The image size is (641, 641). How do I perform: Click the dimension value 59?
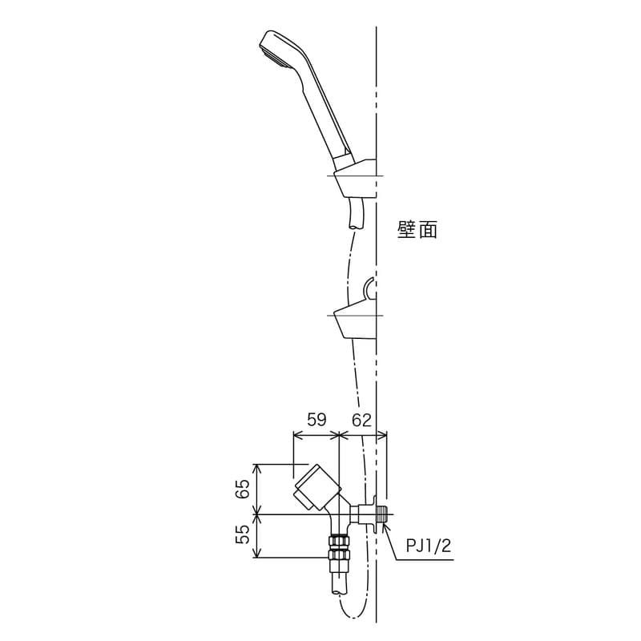pos(317,419)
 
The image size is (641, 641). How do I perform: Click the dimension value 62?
pos(362,419)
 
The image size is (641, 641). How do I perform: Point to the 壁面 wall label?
pos(417,230)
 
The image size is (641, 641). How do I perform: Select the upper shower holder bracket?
pos(354,178)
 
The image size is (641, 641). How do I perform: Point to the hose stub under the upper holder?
pos(356,215)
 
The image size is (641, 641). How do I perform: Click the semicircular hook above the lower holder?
pos(369,288)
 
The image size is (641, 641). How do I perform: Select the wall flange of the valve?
pos(373,514)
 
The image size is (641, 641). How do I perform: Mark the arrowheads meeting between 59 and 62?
pos(340,435)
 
